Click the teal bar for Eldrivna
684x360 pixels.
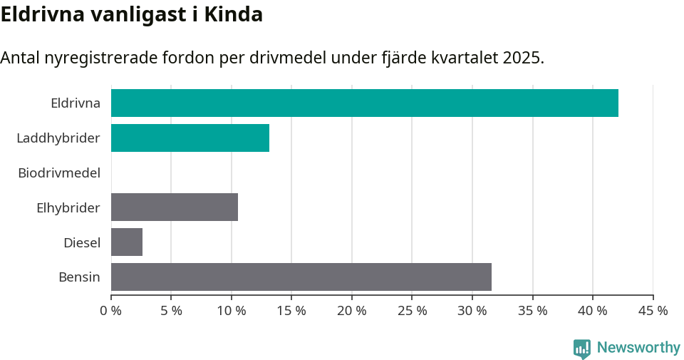(364, 103)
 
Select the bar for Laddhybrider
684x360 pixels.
(190, 138)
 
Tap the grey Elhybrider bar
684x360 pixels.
(175, 207)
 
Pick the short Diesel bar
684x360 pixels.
(127, 242)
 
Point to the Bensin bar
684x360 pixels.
(301, 277)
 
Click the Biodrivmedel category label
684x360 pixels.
(59, 173)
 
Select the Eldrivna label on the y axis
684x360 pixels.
(76, 103)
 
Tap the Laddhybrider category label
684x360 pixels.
(58, 138)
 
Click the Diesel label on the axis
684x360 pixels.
(82, 242)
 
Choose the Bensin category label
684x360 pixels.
(79, 277)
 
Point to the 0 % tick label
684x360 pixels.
(111, 311)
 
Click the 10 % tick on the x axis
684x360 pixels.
(232, 311)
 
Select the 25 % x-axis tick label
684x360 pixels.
(412, 311)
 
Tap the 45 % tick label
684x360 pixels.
(653, 311)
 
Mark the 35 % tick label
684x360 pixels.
(532, 311)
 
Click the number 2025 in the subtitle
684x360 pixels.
(521, 58)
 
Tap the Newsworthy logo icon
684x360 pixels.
(582, 348)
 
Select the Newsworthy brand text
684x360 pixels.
(638, 348)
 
